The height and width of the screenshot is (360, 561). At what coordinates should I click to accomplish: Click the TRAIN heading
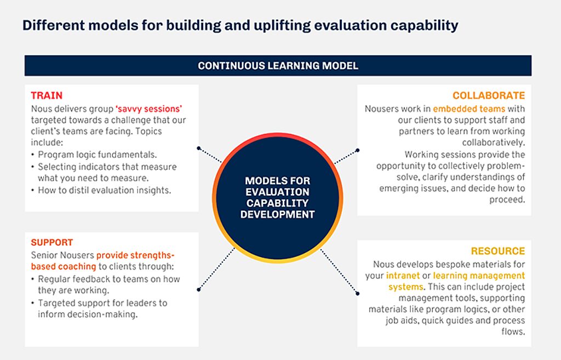tap(47, 95)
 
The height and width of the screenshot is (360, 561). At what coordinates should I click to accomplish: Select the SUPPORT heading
tap(52, 242)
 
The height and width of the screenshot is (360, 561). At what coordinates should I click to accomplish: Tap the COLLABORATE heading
tap(488, 95)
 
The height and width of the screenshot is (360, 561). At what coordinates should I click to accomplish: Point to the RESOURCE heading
tap(497, 251)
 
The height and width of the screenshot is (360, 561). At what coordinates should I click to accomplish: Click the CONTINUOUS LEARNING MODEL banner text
tap(278, 66)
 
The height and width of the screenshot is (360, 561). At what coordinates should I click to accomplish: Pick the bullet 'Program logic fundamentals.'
tap(97, 155)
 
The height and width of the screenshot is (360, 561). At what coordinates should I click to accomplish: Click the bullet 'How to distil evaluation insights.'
tap(104, 190)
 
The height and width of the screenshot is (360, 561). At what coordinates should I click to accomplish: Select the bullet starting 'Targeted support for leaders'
tap(102, 303)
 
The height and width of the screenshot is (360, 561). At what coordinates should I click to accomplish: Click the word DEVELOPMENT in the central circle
tap(277, 214)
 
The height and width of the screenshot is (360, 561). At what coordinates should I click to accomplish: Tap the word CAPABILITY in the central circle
tap(277, 203)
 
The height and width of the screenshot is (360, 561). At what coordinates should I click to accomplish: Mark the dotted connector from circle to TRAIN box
tap(210, 155)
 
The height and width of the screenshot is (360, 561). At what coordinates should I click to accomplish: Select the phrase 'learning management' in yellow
tap(479, 276)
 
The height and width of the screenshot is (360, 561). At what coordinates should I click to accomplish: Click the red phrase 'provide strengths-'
tap(135, 255)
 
